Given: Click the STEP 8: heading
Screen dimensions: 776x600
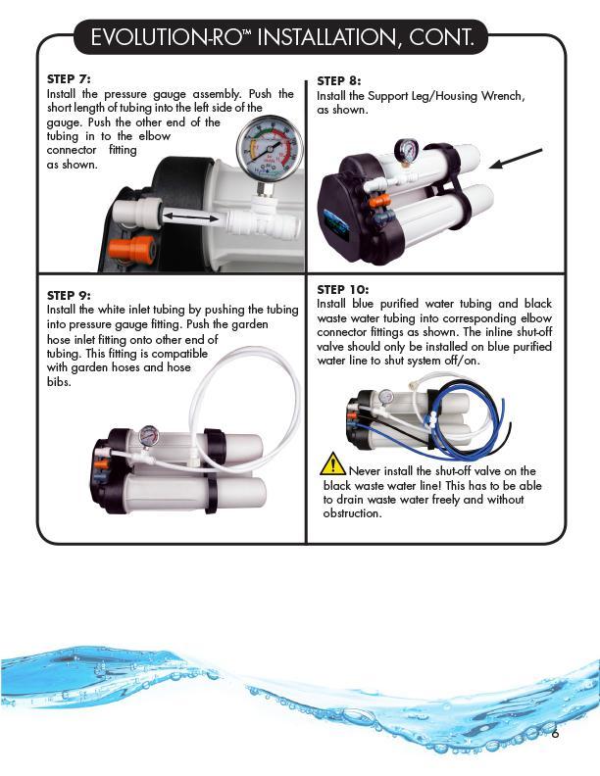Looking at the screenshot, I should pos(339,81).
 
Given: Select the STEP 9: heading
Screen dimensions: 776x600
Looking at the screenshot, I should pos(69,295).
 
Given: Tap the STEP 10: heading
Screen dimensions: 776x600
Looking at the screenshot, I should pos(343,289).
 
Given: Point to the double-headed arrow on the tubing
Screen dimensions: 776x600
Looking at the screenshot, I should pos(191,216).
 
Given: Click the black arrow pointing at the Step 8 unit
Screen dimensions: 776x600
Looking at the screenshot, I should pos(516,158).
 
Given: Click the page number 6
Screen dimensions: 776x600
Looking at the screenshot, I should pos(555,733).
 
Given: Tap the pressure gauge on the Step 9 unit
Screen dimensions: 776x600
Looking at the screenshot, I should pos(148,435).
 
